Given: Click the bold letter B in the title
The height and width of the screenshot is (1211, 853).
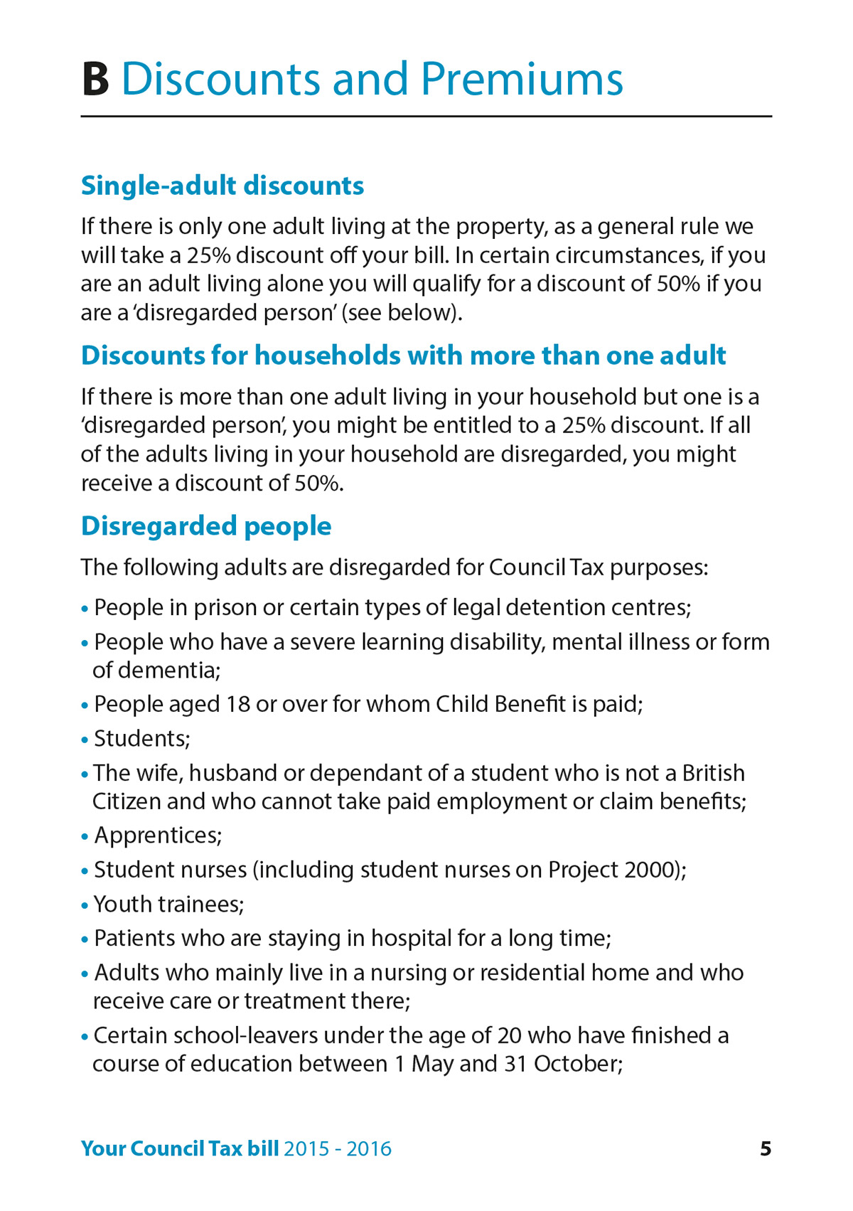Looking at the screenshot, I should click(95, 79).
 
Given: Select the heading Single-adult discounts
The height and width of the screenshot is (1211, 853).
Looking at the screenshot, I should click(222, 186).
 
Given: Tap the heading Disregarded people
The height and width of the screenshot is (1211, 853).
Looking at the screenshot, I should click(206, 526).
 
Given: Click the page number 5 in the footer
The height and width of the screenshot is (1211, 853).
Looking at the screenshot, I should click(766, 1148).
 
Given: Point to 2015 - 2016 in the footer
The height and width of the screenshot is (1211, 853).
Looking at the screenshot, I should click(338, 1148).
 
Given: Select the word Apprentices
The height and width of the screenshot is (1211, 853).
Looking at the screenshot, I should click(157, 836).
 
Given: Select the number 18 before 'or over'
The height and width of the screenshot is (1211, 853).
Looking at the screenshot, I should click(238, 705).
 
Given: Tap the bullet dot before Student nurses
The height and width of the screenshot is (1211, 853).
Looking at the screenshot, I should click(85, 871).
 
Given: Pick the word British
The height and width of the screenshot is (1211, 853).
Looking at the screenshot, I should click(713, 773).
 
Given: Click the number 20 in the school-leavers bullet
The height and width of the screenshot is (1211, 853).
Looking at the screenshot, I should click(510, 1035).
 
